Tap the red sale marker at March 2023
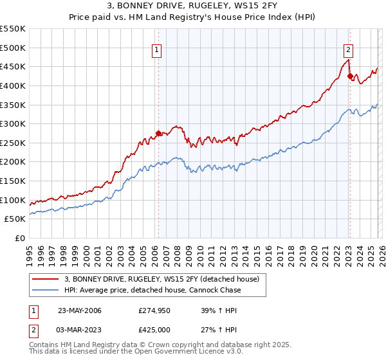pyautogui.click(x=350, y=76)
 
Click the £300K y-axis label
pyautogui.click(x=13, y=123)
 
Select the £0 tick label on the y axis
pyautogui.click(x=19, y=238)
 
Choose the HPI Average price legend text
pyautogui.click(x=152, y=290)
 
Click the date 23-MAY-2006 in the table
pyautogui.click(x=80, y=310)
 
